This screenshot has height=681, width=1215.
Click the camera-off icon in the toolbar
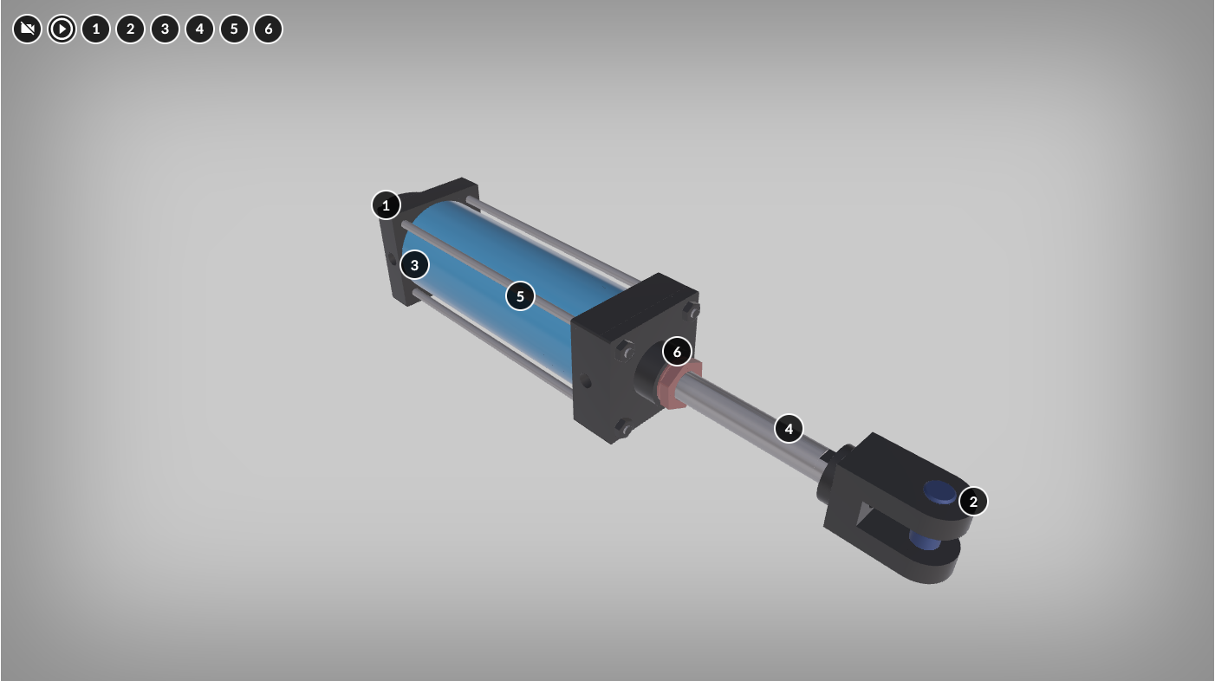[28, 29]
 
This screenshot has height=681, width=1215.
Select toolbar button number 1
[96, 29]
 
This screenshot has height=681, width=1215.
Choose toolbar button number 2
[131, 29]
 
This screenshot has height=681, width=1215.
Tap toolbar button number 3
[165, 29]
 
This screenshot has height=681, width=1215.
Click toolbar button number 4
[199, 29]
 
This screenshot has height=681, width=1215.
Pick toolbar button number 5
[234, 29]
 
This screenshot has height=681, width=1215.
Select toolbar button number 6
[269, 29]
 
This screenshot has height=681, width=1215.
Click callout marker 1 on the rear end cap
[387, 205]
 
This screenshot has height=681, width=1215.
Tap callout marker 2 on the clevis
[973, 501]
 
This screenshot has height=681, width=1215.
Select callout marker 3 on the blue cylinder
[415, 265]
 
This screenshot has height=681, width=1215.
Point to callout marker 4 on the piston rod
[789, 428]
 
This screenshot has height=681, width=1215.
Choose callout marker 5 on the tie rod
[520, 296]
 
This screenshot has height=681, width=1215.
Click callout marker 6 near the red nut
[677, 352]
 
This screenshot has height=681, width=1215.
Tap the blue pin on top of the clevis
[939, 492]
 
